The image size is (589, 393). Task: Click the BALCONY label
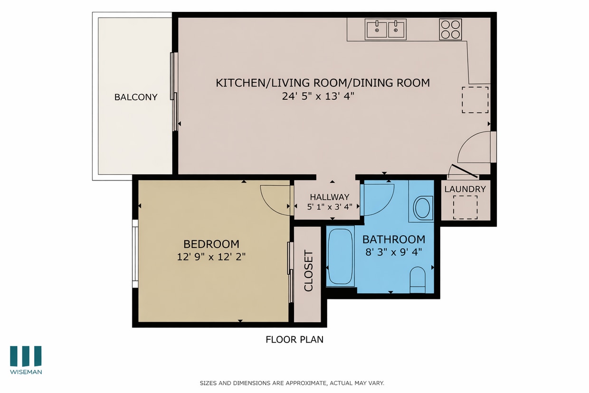click(135, 97)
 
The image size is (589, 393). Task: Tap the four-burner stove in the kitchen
click(450, 29)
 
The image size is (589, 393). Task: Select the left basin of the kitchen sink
click(377, 29)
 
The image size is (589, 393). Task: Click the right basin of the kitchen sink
click(397, 29)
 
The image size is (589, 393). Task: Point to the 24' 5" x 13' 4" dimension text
click(318, 96)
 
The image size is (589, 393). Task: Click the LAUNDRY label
click(465, 189)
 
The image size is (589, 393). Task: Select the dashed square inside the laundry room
click(465, 208)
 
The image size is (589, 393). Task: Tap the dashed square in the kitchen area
click(475, 100)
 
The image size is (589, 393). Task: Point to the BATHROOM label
click(393, 240)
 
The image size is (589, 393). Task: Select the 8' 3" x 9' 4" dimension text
click(393, 252)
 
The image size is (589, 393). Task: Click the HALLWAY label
click(329, 197)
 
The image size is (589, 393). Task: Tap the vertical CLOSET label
click(308, 270)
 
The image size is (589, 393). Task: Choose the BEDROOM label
click(211, 244)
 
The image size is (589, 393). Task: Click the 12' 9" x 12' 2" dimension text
click(211, 257)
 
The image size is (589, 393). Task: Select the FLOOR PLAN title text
click(294, 339)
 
